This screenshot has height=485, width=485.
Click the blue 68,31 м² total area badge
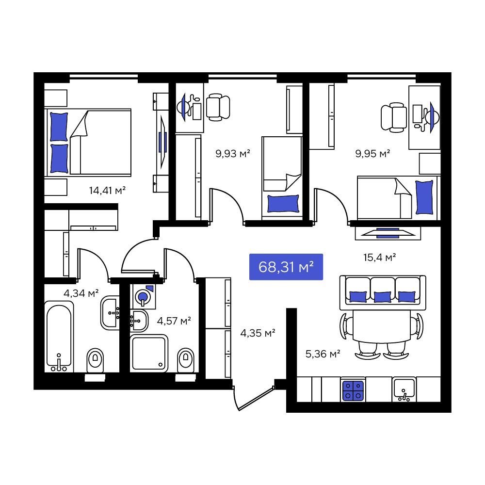tap(286, 267)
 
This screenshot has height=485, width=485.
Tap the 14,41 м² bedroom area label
tap(107, 190)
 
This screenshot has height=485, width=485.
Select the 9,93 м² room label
tap(233, 153)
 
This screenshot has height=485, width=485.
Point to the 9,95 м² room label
tap(372, 153)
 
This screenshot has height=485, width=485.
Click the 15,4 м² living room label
tap(380, 257)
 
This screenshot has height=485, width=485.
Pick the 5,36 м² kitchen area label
tap(323, 354)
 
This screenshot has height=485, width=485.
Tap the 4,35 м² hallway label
tap(258, 333)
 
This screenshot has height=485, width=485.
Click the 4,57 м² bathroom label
tap(174, 321)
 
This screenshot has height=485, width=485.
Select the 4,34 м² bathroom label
tap(81, 293)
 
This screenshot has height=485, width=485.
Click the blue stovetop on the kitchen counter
tap(353, 390)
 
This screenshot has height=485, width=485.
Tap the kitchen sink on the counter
tap(404, 389)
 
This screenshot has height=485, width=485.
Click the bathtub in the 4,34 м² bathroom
tap(59, 337)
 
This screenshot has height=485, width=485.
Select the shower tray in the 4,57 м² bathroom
tap(149, 353)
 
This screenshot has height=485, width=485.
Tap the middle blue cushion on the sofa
tap(383, 297)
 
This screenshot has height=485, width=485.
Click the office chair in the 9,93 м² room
tap(218, 107)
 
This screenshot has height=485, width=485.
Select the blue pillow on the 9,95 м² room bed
tap(424, 197)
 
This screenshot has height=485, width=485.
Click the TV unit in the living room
tap(388, 233)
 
